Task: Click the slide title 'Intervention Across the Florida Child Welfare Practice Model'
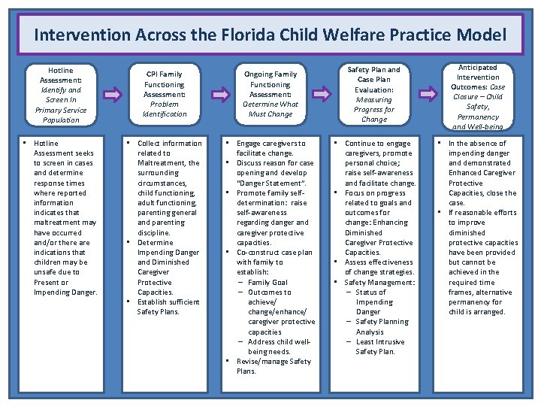point(270,35)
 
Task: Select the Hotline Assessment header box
point(62,95)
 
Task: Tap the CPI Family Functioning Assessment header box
point(165,95)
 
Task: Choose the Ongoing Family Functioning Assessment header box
point(270,95)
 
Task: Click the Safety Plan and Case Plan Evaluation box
point(373,95)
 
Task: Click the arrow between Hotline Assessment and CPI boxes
point(113,95)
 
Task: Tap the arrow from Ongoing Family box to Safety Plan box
point(322,95)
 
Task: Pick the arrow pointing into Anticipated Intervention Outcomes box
point(426,95)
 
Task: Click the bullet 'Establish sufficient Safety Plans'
point(168,307)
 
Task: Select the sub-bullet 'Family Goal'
point(268,282)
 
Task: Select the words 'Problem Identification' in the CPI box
point(165,109)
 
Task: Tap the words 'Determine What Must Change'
point(270,109)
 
